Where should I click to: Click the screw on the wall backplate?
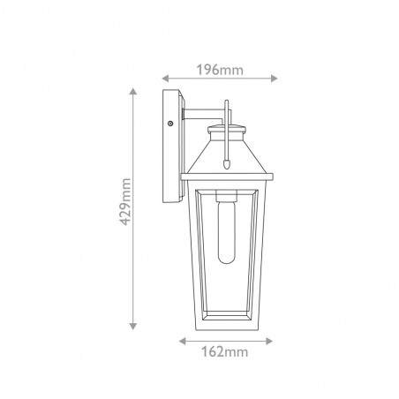(169, 125)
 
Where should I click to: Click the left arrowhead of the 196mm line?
(165, 79)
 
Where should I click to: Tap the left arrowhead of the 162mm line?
(182, 340)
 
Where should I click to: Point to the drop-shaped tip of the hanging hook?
(228, 163)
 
